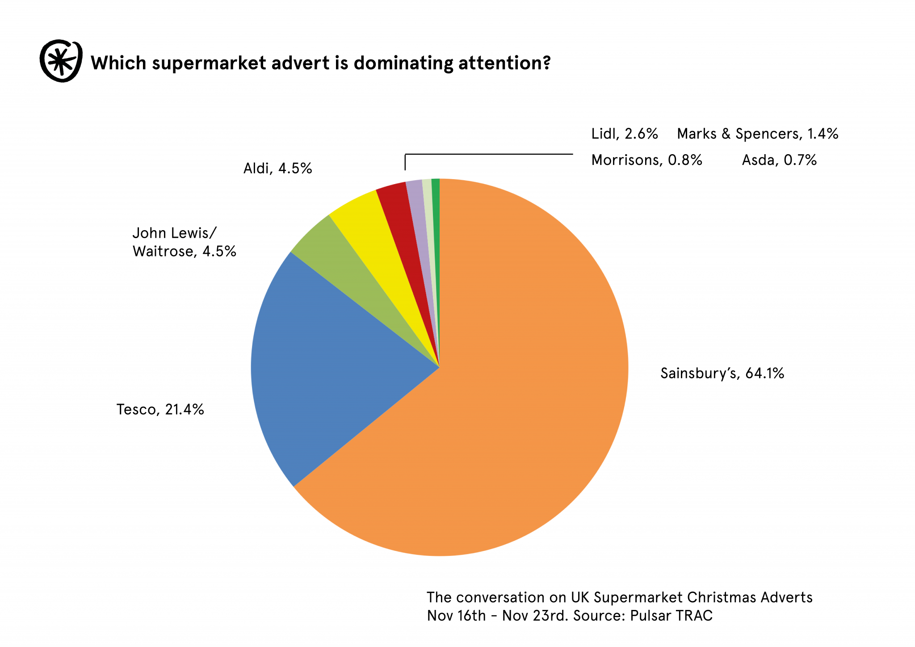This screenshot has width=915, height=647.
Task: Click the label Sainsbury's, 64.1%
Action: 722,373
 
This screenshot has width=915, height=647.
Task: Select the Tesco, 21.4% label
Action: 160,409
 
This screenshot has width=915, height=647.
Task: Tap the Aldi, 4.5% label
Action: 277,168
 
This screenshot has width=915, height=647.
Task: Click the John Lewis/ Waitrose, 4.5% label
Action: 184,242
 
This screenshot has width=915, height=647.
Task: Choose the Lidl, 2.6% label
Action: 624,134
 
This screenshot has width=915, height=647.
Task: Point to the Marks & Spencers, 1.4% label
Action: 757,134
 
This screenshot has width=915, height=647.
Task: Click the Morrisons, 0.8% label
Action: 646,160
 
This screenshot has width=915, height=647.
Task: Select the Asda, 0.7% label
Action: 779,160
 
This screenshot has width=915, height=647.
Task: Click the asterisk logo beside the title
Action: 61,61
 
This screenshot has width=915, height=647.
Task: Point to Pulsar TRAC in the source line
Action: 671,616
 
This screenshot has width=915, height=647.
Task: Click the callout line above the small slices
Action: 489,154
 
